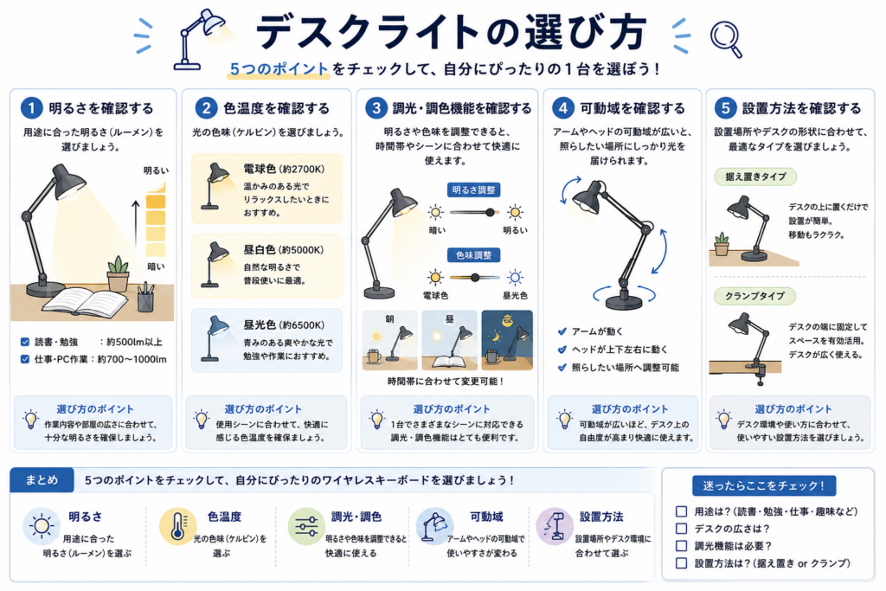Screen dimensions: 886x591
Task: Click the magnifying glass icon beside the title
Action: pyautogui.click(x=724, y=37)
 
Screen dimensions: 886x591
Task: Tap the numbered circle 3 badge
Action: pyautogui.click(x=376, y=108)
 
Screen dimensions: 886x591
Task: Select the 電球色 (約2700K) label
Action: pyautogui.click(x=284, y=169)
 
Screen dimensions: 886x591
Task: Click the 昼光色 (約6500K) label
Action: pyautogui.click(x=284, y=324)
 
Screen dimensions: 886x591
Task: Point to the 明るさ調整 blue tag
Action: pyautogui.click(x=473, y=190)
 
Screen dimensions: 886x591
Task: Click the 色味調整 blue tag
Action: pyautogui.click(x=473, y=255)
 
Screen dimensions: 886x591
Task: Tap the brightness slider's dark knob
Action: pyautogui.click(x=490, y=213)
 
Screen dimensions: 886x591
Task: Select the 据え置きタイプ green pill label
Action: pyautogui.click(x=755, y=177)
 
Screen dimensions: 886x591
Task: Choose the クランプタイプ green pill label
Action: pyautogui.click(x=754, y=296)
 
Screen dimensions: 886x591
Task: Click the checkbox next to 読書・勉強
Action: pyautogui.click(x=25, y=342)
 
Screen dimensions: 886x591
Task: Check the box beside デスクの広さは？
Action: pyautogui.click(x=682, y=529)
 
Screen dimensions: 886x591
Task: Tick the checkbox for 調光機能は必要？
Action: pyautogui.click(x=682, y=546)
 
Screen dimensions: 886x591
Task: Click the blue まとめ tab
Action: pyautogui.click(x=42, y=480)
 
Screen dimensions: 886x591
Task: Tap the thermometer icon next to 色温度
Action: pyautogui.click(x=177, y=526)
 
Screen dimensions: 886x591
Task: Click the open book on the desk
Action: pyautogui.click(x=86, y=302)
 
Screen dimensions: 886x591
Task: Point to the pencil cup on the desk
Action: pyautogui.click(x=145, y=298)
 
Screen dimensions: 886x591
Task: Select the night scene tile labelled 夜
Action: pyautogui.click(x=507, y=340)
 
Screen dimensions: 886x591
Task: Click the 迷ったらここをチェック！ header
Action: pyautogui.click(x=764, y=486)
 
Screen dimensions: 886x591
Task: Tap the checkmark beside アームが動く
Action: pyautogui.click(x=562, y=331)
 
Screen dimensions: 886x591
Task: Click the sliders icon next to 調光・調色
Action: pyautogui.click(x=305, y=526)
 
